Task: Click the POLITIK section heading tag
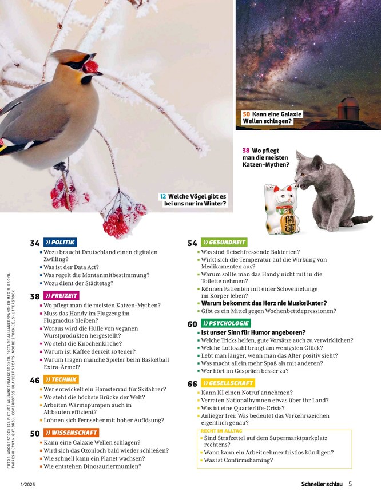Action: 60,242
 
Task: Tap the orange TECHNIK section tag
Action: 61,379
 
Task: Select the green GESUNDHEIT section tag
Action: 224,242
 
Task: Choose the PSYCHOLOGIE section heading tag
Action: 225,323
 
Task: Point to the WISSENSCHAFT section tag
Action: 70,433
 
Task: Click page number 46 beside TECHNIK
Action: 35,380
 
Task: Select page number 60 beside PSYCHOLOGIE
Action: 192,324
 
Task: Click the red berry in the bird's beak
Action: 92,66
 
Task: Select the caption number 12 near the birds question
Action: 162,196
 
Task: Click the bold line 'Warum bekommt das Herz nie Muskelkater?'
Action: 264,303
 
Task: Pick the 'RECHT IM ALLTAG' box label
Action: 221,430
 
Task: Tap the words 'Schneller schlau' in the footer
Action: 322,484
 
